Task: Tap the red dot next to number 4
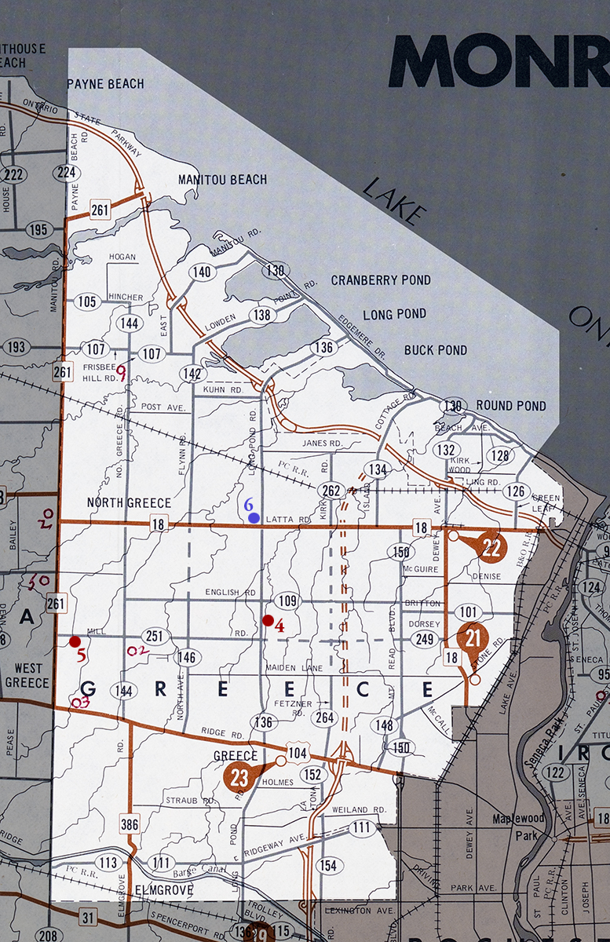point(268,621)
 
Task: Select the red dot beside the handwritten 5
point(75,641)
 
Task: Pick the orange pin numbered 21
point(473,638)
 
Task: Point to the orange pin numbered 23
point(240,777)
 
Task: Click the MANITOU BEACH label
point(222,180)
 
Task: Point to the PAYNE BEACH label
point(105,83)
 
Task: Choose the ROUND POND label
point(511,406)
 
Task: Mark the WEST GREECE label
point(27,675)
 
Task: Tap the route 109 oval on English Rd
point(288,602)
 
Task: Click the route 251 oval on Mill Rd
point(155,636)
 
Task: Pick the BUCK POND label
point(436,350)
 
